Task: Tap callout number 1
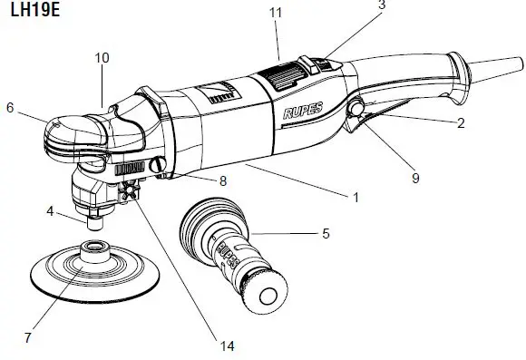tap(356, 196)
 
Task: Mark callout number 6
tap(10, 106)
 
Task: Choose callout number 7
tap(28, 337)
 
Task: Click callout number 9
tap(415, 179)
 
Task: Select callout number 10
tap(102, 58)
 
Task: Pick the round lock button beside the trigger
tap(355, 109)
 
